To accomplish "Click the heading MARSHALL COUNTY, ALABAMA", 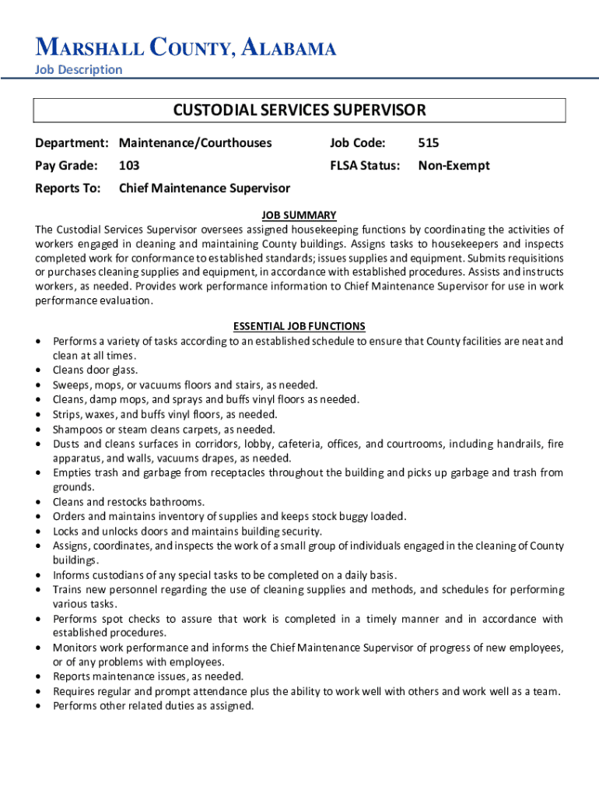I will click(186, 49).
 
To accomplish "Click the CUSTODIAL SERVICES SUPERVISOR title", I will click(299, 110).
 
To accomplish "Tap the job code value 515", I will click(429, 143).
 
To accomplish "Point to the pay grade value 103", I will click(129, 166).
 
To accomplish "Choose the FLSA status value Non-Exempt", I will click(454, 166).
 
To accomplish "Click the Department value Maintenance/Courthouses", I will click(195, 143).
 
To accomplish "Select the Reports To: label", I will click(68, 188).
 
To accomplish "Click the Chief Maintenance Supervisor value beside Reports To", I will click(204, 188).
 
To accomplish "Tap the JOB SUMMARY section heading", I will click(299, 215).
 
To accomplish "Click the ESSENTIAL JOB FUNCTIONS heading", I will click(299, 326).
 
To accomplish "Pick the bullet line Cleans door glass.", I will click(95, 370).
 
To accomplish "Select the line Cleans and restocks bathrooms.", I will click(128, 502).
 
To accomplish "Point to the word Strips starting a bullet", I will click(66, 414).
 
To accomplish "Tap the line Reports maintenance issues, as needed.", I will click(148, 676).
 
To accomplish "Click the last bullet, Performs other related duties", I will click(153, 706).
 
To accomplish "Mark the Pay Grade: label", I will click(66, 166).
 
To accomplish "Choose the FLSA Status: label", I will click(365, 166).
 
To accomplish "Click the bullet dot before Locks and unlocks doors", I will click(38, 532).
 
